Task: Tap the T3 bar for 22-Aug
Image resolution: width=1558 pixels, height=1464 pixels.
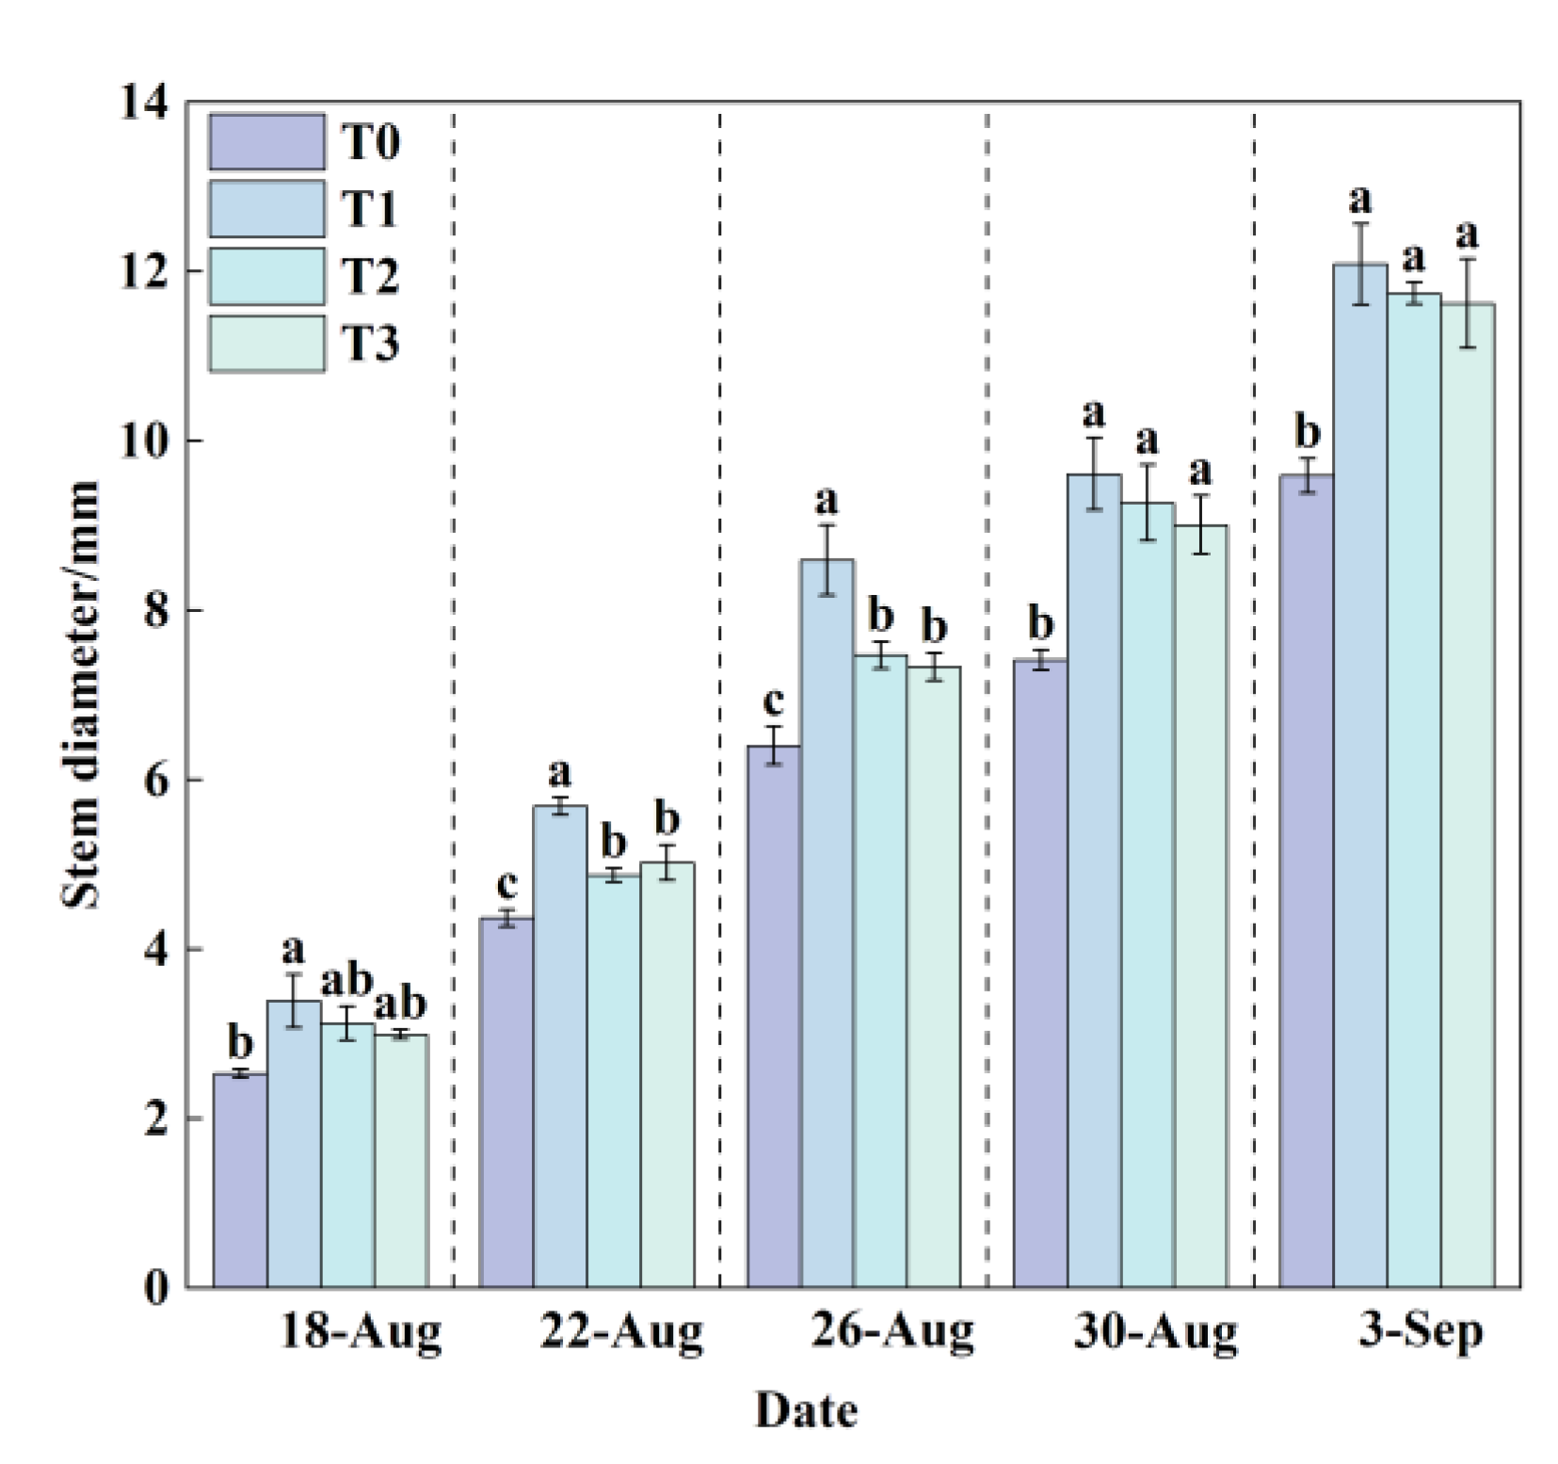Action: pos(667,1073)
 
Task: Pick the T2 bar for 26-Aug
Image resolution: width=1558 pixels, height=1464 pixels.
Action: pos(880,970)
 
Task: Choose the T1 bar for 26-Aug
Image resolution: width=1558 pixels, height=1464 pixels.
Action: pos(827,923)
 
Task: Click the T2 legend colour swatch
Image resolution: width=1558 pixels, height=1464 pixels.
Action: pos(266,276)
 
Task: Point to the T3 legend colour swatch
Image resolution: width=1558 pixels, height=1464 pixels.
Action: pos(266,344)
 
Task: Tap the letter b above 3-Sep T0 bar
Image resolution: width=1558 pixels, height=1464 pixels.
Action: pos(1307,433)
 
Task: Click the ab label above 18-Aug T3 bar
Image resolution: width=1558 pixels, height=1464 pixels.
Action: pos(401,1004)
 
